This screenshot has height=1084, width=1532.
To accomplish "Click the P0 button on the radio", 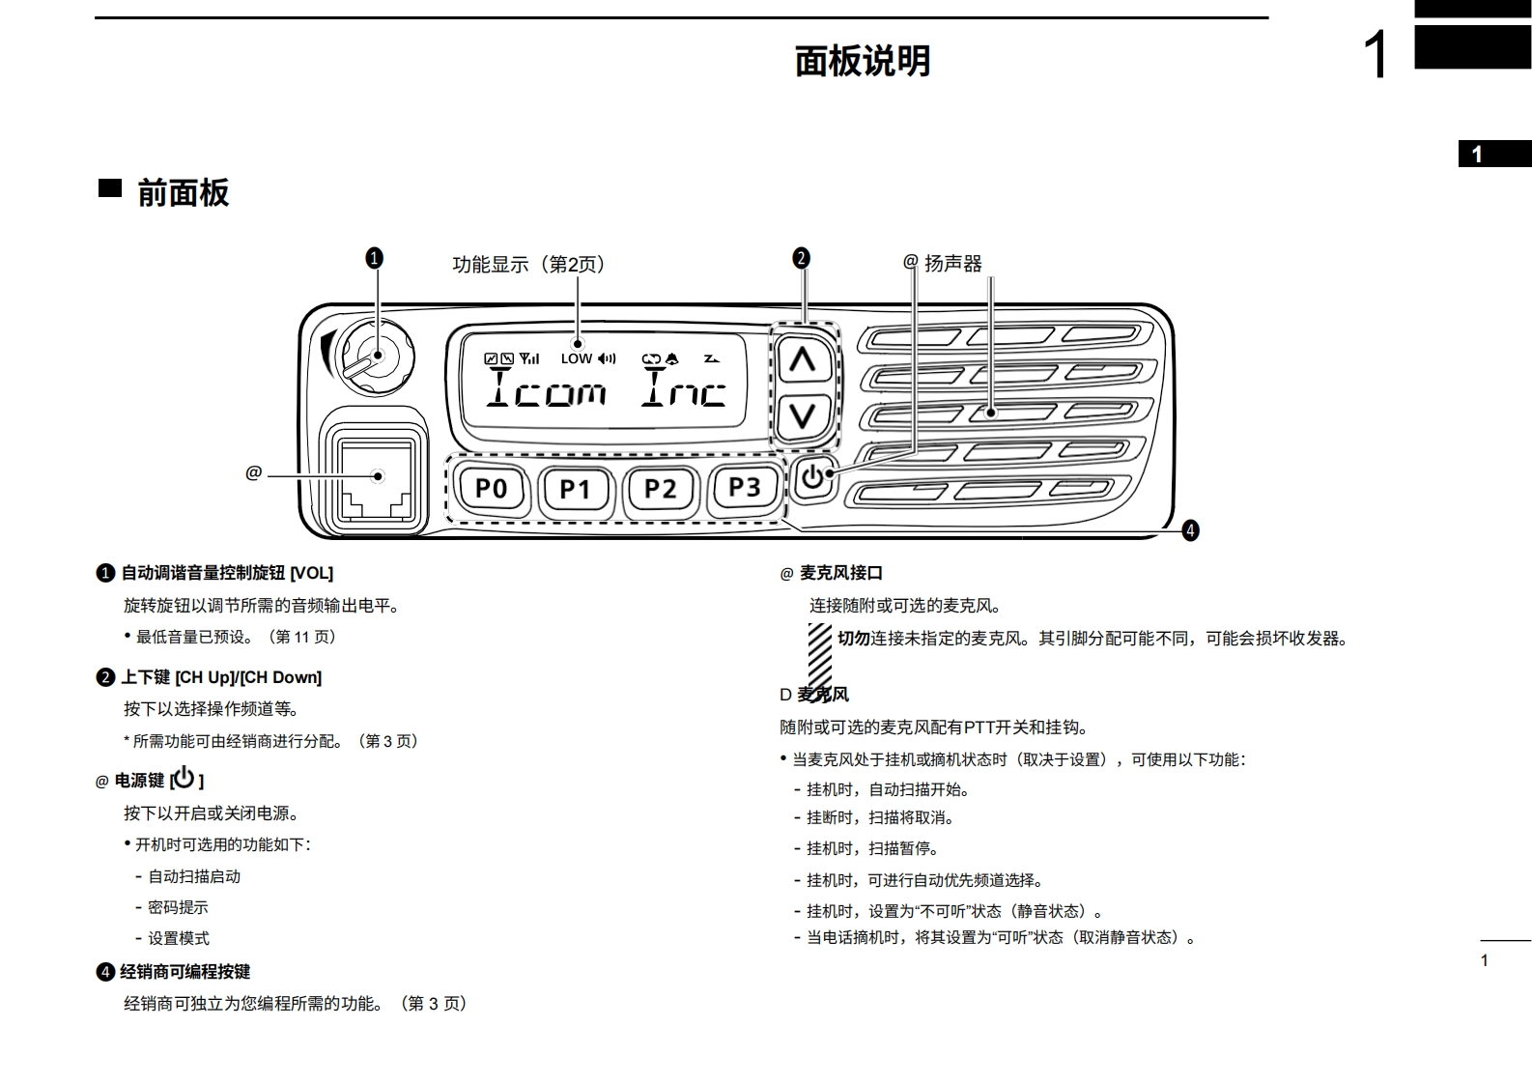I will coord(491,488).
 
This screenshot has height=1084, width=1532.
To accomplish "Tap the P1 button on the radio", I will coord(575,489).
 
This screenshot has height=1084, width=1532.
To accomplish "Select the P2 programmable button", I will coord(660,488).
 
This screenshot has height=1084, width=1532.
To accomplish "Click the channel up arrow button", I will coord(803,361).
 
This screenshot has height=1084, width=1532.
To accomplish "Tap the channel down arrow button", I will coord(803,416).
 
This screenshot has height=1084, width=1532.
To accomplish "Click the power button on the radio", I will coord(813,477).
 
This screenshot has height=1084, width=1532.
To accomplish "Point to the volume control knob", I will coord(375,357).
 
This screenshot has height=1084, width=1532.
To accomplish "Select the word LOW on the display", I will coord(576,358).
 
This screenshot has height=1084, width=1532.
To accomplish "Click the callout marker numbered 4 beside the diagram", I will coord(1190,530).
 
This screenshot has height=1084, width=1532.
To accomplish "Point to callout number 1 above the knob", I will coord(374,258).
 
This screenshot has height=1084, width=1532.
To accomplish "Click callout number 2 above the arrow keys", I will coord(801,258).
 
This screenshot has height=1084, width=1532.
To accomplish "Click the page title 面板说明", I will coord(862,61).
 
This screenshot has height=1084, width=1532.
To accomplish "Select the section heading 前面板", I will coord(183,192).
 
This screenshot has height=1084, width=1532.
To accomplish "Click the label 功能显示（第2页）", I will coord(528,265).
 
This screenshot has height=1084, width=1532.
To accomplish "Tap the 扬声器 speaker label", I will coord(952,264).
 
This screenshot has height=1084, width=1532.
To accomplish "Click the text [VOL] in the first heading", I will coord(311,573).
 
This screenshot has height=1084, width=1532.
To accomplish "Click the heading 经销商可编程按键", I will coord(184,972).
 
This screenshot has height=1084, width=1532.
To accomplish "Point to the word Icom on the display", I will coord(547,389).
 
